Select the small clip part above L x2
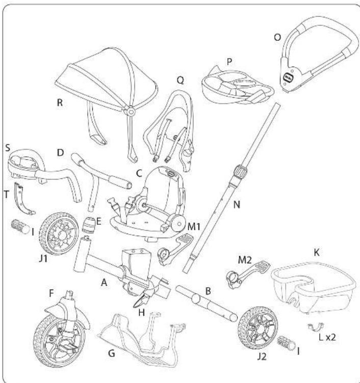[316, 326]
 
